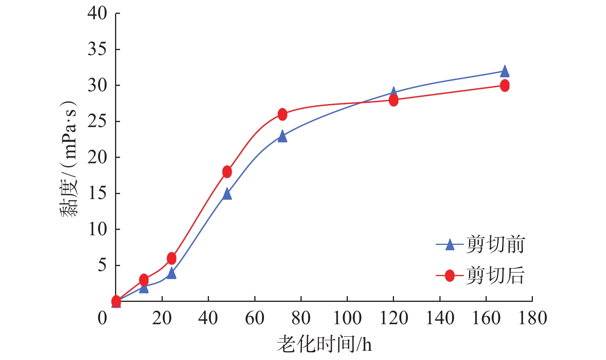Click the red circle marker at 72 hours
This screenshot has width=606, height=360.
tap(282, 114)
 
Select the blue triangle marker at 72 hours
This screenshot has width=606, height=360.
tap(282, 137)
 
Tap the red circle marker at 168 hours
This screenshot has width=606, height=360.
tap(505, 85)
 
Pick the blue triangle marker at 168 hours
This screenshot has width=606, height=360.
tap(505, 72)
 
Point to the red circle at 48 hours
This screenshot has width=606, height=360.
tap(227, 172)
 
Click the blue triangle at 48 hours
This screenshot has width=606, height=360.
tap(227, 194)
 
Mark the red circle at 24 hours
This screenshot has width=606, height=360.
tap(172, 258)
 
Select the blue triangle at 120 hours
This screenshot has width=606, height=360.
tap(393, 93)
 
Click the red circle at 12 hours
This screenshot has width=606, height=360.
tap(144, 280)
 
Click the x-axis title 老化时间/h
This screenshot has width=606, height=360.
tap(324, 344)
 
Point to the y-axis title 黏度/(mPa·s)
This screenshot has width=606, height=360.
tap(69, 159)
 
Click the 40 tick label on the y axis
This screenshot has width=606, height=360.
tap(97, 13)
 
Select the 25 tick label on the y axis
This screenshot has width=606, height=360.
tap(97, 122)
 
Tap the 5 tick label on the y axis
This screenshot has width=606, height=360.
tap(102, 265)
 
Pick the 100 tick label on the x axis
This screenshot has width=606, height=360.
tap(347, 318)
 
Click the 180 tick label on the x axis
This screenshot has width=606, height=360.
tap(533, 318)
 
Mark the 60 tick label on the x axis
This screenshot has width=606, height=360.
tap(255, 318)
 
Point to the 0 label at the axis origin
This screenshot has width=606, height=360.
tap(102, 318)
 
